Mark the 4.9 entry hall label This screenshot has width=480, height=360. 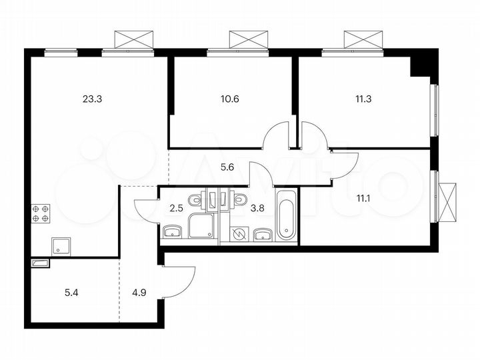click(139, 291)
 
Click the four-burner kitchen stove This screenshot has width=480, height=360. click(40, 213)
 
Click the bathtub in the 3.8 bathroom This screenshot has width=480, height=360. click(286, 215)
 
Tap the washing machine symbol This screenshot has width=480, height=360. click(239, 233)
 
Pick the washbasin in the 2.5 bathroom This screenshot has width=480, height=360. click(172, 232)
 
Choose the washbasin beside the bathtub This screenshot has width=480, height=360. click(263, 233)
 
